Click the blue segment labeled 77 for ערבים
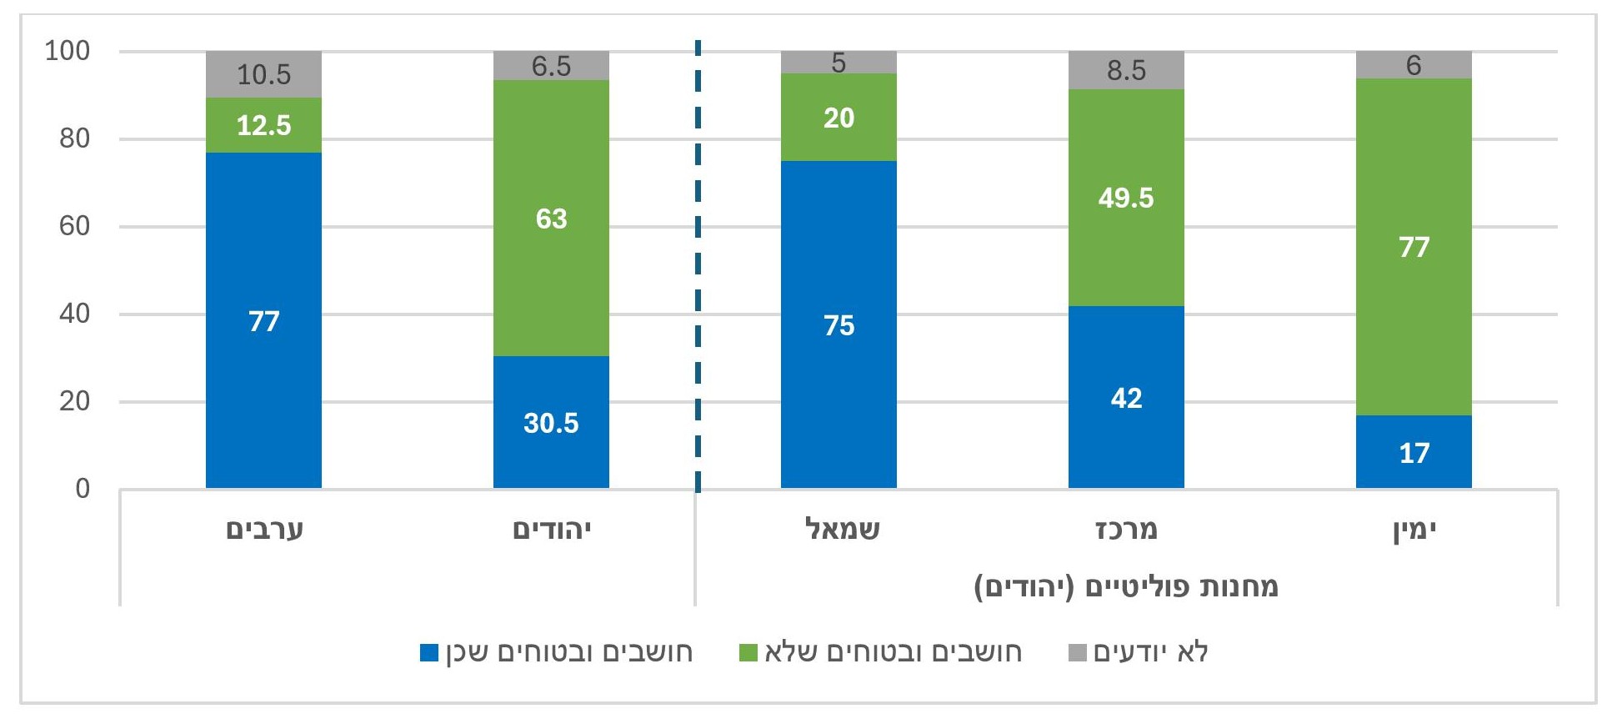point(263,320)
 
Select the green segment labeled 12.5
point(263,125)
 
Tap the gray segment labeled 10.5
point(263,74)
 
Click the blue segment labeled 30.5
point(551,422)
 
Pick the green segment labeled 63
point(551,219)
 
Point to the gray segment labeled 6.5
point(551,66)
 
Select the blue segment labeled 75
point(839,324)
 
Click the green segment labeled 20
point(839,118)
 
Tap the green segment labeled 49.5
point(1126,198)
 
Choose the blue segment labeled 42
point(1126,397)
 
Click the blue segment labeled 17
point(1414,452)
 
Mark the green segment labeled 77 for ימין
point(1414,247)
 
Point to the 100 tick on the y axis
point(67,51)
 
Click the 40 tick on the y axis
point(73,314)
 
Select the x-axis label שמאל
point(843,530)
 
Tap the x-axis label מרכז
point(1126,530)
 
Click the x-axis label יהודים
point(552,530)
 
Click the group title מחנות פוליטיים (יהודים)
point(1126,586)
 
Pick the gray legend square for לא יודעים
point(1078,652)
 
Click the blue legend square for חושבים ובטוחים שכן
point(429,652)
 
